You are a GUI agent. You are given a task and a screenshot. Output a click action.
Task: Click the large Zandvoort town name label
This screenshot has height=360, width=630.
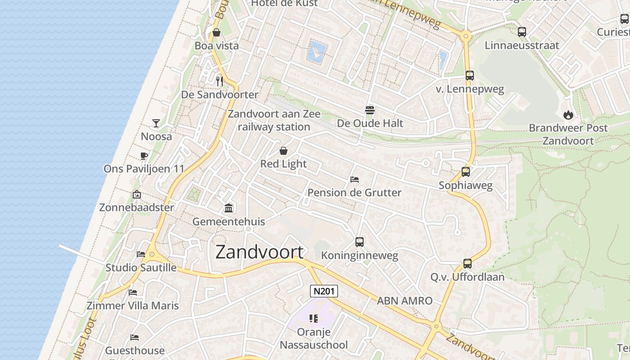pos(260,252)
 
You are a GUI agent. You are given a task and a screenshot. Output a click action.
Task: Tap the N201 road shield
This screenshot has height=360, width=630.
pos(324,291)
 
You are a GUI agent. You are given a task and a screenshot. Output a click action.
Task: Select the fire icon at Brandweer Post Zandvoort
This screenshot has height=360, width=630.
pos(568,115)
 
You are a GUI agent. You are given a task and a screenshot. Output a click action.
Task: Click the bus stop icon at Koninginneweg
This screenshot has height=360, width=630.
pos(359,242)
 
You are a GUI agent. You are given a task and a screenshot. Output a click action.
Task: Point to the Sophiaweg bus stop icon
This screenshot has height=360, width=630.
pos(466,172)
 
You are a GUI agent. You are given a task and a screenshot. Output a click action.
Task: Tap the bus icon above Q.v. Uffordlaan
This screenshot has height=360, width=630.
pos(468,264)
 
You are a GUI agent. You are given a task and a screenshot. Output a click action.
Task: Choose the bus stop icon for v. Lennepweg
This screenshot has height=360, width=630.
pos(470,76)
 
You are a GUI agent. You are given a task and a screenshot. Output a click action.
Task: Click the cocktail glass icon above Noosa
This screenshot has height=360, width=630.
pos(156,123)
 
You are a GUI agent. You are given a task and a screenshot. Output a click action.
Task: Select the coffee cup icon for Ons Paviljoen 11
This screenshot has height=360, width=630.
pos(144,156)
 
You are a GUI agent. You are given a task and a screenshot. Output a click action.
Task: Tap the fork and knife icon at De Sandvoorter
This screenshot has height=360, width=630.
pos(220,81)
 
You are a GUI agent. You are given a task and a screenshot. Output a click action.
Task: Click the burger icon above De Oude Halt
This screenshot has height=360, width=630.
pos(370,110)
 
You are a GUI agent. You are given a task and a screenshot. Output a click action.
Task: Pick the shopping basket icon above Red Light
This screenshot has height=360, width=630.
pos(283,151)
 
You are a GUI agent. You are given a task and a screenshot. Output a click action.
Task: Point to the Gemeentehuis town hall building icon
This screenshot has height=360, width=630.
pos(229,208)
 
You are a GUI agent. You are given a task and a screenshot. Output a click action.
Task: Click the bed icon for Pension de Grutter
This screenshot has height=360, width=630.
pos(355,180)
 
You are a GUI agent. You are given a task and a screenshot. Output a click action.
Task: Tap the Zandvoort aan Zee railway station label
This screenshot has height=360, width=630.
pos(274,120)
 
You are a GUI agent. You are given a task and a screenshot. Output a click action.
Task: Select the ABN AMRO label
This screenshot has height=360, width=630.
pos(405,301)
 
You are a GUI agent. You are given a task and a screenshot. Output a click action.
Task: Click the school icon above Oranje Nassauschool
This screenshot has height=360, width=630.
pos(314,319)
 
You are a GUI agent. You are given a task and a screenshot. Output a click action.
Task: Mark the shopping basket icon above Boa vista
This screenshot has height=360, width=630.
pos(216,32)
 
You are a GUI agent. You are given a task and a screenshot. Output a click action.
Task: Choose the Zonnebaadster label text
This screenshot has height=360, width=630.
pos(136,207)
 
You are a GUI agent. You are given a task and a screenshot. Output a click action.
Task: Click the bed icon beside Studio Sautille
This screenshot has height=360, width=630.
pos(141,254)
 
